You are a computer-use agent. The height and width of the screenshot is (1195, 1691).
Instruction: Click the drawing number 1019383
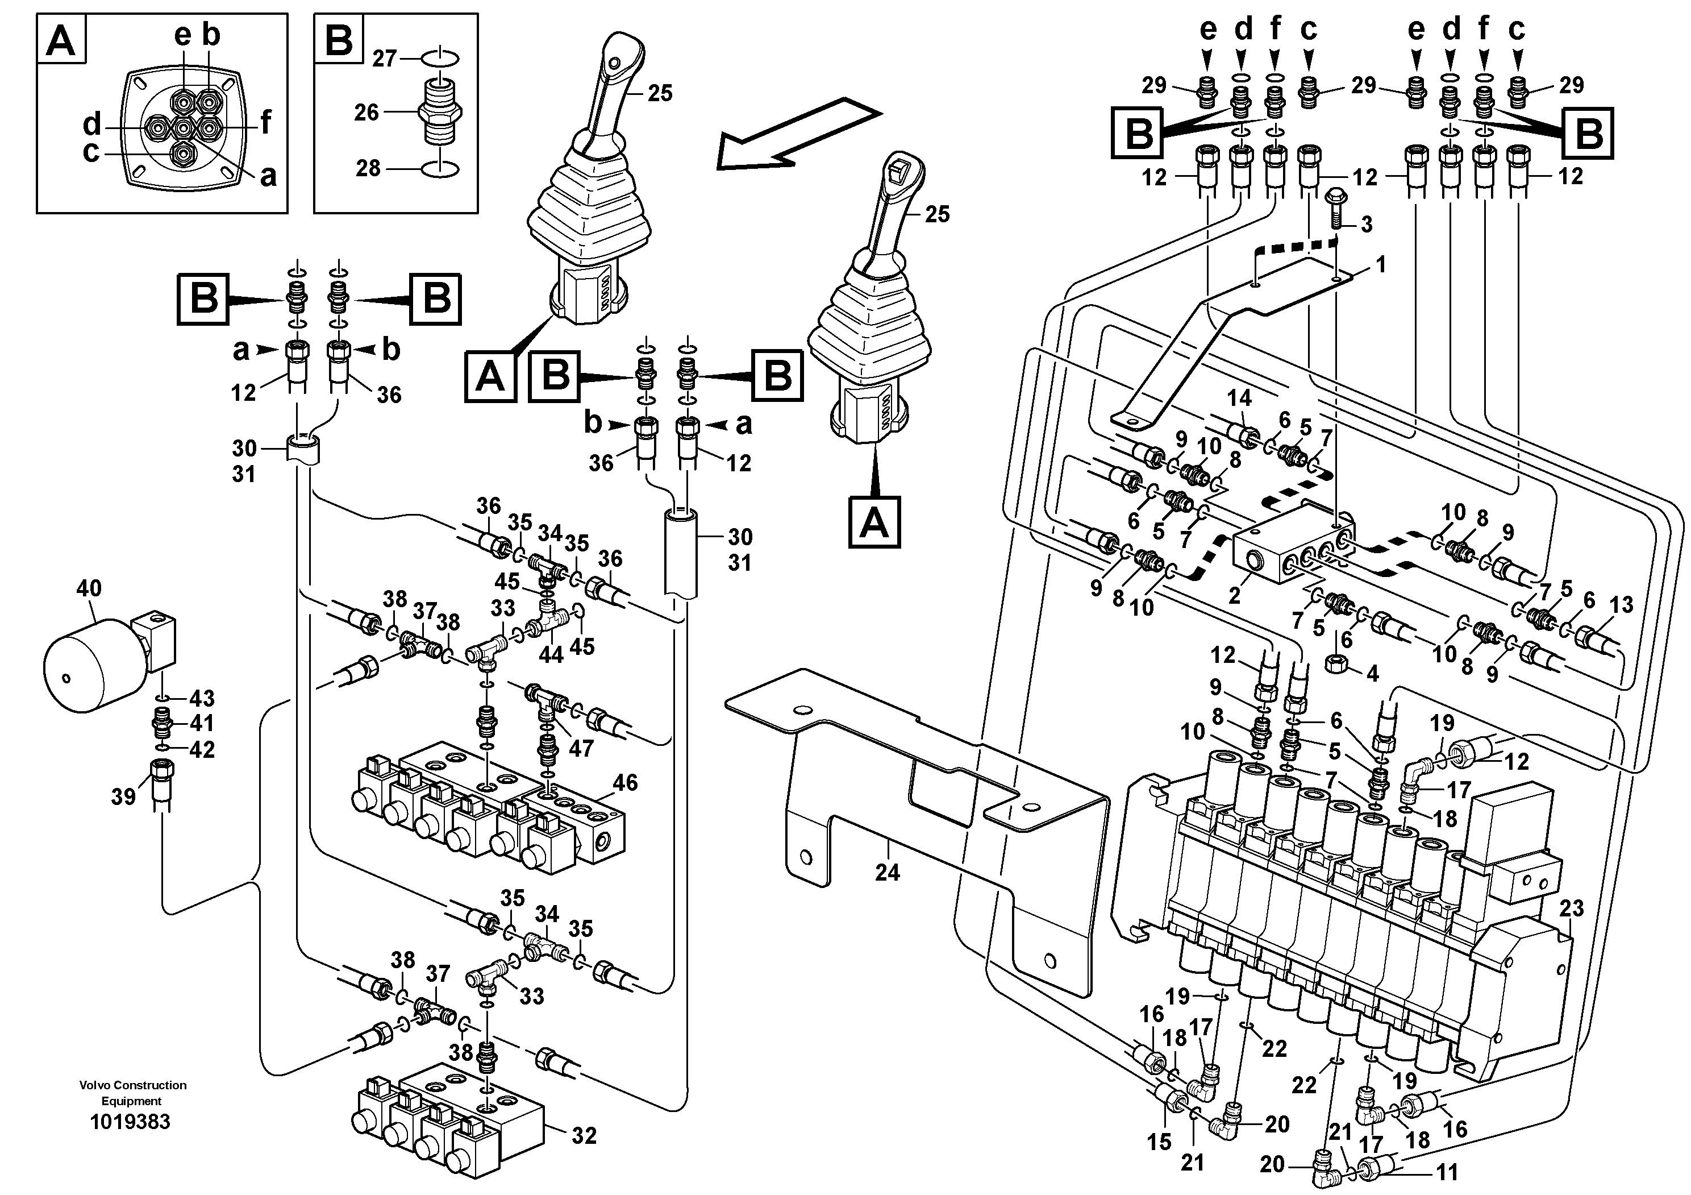130,1122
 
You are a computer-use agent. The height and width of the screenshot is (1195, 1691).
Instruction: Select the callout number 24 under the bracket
888,872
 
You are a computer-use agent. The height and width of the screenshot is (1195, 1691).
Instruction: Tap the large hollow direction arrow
799,132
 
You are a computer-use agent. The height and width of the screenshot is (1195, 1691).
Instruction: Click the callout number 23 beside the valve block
1572,908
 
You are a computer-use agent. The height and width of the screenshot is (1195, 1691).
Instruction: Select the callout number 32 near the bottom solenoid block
584,1135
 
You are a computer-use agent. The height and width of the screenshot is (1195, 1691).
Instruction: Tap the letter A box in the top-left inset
61,40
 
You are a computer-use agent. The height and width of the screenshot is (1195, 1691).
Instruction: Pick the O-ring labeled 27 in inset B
440,56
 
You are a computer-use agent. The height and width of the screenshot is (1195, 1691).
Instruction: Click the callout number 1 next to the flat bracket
1381,264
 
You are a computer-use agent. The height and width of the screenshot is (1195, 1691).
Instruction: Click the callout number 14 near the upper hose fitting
1239,399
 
